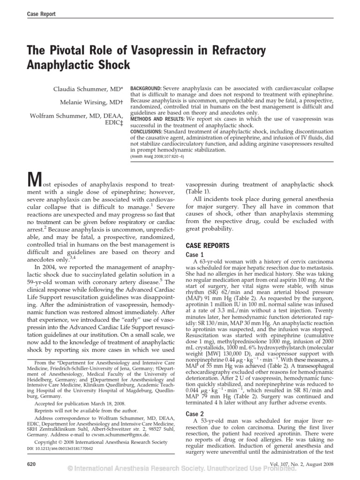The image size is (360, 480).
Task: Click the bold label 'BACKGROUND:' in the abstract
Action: (x=146, y=89)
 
